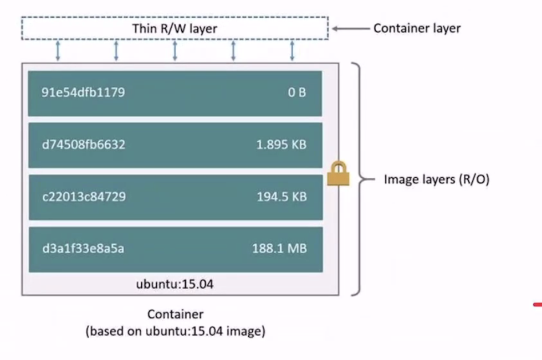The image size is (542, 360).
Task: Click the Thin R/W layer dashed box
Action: pos(175,28)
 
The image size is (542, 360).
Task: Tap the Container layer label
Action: pos(417,28)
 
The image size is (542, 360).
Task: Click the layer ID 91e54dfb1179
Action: pos(83,92)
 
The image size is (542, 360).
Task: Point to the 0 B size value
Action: pos(296,93)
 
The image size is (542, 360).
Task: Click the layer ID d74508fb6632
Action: pos(83,145)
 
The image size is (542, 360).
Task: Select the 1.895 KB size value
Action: pos(281,145)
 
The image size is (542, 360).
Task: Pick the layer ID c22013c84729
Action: pos(83,197)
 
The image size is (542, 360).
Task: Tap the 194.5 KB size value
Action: pos(281,197)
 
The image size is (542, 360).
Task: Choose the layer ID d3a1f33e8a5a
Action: pos(83,249)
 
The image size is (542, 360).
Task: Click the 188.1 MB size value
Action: pos(279,249)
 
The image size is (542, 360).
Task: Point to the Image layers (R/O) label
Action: pos(437,179)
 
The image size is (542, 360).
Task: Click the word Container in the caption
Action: pos(175,315)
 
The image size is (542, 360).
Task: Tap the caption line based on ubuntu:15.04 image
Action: pos(175,332)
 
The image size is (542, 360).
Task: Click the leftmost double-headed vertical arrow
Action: pos(58,50)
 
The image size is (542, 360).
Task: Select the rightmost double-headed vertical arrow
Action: pos(292,50)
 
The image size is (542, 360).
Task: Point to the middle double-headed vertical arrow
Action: pos(175,50)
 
